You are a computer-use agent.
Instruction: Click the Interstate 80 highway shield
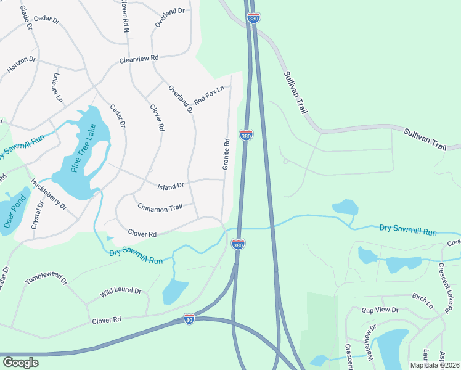click(190, 319)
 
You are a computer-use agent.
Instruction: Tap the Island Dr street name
click(171, 185)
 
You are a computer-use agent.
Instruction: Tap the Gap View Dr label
click(380, 310)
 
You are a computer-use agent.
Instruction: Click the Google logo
click(21, 363)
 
